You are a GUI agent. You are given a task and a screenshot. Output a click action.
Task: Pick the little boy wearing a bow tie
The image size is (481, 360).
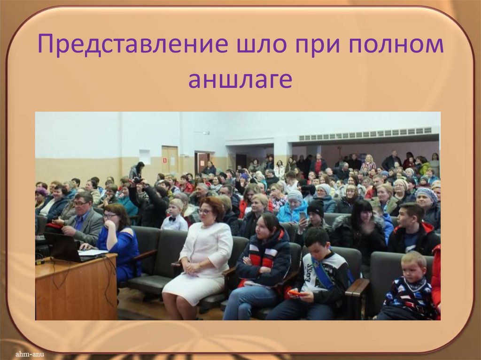pos(175,216)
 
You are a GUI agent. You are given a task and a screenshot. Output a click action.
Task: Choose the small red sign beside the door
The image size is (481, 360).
pos(165,160)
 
